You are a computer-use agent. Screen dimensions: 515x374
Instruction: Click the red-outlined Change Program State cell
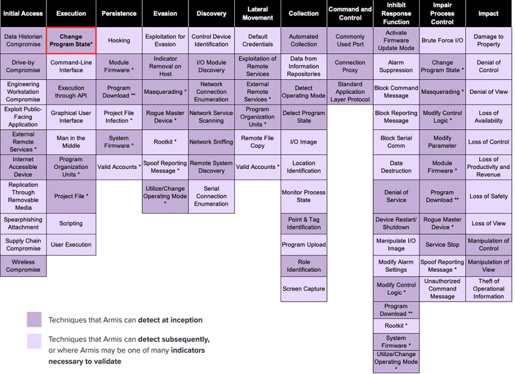[x=71, y=40]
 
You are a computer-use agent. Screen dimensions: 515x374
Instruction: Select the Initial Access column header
[x=23, y=14]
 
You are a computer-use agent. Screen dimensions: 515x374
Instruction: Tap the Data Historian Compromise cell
[x=23, y=40]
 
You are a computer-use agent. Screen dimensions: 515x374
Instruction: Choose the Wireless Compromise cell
[x=23, y=266]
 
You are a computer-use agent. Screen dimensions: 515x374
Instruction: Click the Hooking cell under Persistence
[x=119, y=40]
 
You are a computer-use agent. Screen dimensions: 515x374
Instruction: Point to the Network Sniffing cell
[x=211, y=142]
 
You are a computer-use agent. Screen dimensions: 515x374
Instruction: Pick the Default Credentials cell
[x=257, y=40]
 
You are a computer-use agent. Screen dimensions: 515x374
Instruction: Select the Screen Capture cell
[x=304, y=289]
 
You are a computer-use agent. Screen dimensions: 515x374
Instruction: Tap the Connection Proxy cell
[x=350, y=66]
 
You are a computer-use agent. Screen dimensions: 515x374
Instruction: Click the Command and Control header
[x=350, y=14]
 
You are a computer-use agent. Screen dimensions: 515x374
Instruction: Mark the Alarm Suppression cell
[x=396, y=66]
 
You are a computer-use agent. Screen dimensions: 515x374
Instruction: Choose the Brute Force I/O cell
[x=442, y=40]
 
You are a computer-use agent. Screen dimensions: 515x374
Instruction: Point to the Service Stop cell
[x=442, y=245]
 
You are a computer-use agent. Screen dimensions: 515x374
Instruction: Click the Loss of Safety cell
[x=488, y=196]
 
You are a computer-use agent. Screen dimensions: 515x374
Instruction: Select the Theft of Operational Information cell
[x=488, y=289]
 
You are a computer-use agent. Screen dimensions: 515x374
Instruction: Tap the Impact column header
[x=488, y=14]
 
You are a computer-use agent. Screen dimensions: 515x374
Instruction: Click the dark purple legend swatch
[x=34, y=320]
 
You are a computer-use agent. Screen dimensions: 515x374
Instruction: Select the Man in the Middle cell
[x=71, y=142]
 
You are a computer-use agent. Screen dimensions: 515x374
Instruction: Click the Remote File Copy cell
[x=257, y=142]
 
